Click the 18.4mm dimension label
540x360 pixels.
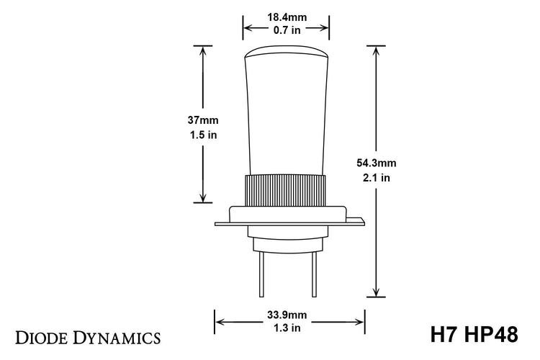click(287, 17)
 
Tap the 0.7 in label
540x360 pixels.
click(287, 30)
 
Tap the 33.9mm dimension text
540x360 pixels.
click(289, 315)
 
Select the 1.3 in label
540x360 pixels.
click(289, 328)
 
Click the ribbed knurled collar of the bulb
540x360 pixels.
click(287, 189)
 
